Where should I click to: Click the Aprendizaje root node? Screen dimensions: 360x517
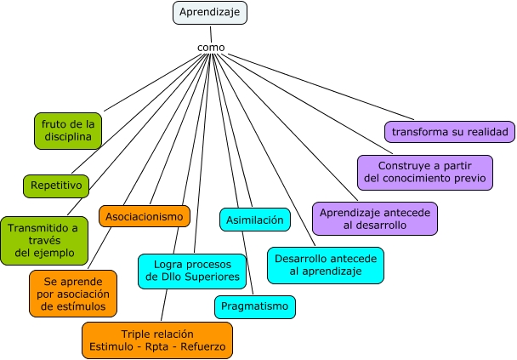pyautogui.click(x=210, y=13)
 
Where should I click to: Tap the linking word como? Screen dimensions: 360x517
pyautogui.click(x=210, y=47)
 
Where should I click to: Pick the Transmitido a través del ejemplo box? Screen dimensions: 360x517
pyautogui.click(x=43, y=240)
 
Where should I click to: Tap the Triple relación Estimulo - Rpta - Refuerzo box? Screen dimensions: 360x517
pyautogui.click(x=157, y=340)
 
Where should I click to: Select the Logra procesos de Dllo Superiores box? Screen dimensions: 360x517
pyautogui.click(x=192, y=270)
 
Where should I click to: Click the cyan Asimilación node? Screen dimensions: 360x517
pyautogui.click(x=254, y=220)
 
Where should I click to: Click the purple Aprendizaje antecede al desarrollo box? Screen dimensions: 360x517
pyautogui.click(x=374, y=218)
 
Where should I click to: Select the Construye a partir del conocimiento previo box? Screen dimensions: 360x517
pyautogui.click(x=424, y=171)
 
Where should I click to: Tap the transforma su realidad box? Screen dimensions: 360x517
pyautogui.click(x=449, y=132)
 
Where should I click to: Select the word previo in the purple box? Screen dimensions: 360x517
pyautogui.click(x=469, y=179)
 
